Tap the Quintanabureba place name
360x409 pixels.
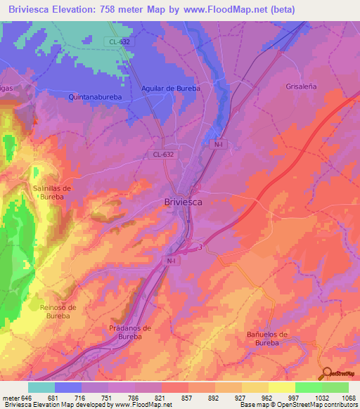coord(97,98)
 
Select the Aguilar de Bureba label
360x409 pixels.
coord(171,89)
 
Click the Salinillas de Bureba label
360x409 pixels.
coord(53,193)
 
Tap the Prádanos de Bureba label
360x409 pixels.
coord(131,332)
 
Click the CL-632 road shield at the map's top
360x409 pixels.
coord(120,41)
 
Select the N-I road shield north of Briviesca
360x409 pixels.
coord(218,144)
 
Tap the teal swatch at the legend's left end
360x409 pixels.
coord(41,387)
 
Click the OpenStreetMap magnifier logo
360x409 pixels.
coord(326,374)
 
